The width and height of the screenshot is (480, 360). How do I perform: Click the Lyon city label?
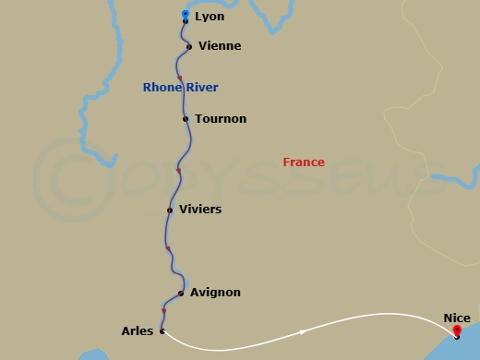tap(210, 17)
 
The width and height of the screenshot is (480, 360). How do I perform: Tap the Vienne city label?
tap(221, 46)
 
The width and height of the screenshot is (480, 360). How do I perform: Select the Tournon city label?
tap(221, 119)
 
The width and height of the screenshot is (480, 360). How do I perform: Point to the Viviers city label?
tap(200, 210)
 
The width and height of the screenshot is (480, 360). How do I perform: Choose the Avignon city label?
tap(215, 293)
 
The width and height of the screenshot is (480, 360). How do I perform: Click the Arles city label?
tap(137, 330)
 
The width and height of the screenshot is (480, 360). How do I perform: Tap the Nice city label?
tap(456, 318)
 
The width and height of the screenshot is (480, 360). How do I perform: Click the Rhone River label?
tap(180, 88)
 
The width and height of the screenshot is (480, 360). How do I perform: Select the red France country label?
tap(304, 162)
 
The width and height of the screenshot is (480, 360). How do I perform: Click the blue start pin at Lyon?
tap(186, 14)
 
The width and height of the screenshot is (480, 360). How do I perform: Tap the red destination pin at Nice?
tap(456, 330)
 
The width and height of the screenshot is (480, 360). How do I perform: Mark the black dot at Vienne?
tap(189, 46)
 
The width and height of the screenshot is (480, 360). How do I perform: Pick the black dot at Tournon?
tap(186, 119)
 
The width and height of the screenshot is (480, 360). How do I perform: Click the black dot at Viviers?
tap(170, 210)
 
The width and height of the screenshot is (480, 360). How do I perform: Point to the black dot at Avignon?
tap(181, 294)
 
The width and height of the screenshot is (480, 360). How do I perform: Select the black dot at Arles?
tap(162, 330)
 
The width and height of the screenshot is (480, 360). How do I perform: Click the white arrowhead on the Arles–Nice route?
tap(302, 332)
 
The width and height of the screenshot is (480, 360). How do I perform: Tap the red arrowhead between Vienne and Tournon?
tap(179, 78)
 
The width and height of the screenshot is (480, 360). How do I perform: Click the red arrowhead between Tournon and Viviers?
tap(177, 170)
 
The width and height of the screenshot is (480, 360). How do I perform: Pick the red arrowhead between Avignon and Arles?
tap(163, 311)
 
